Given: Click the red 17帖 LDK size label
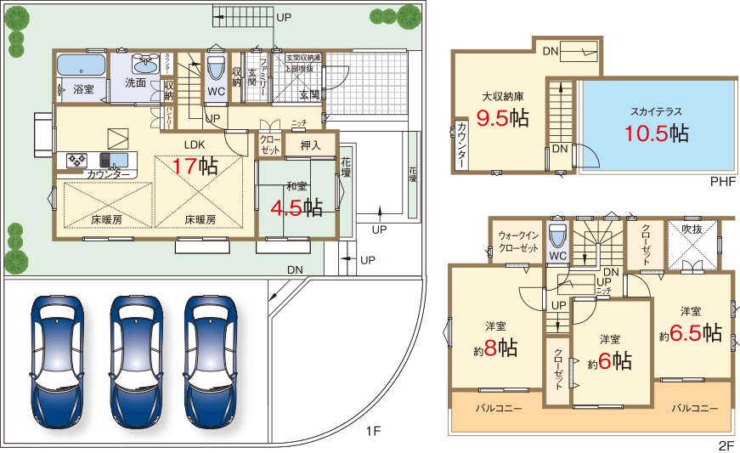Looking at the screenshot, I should [195, 166].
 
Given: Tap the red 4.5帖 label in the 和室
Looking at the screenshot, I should [296, 207].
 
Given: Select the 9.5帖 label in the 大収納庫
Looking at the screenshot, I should [502, 118].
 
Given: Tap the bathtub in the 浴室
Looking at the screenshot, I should [81, 65].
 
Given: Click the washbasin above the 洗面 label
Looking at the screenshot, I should [146, 63].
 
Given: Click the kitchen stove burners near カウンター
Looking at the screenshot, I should [77, 160].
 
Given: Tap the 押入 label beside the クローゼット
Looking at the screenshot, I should [309, 145].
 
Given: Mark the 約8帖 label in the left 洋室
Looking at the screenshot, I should [495, 347].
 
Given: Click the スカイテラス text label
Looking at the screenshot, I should [656, 111].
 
